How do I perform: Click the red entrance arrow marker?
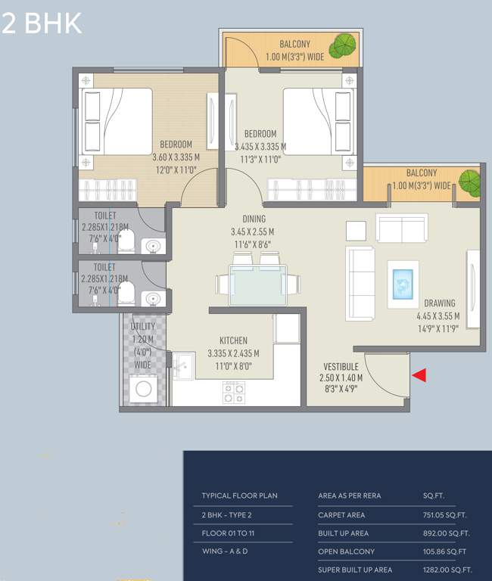[x=419, y=374]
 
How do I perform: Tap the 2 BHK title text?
[x=42, y=23]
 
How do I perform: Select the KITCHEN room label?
[x=233, y=340]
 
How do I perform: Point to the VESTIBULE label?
[x=341, y=366]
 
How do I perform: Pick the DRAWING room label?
[x=440, y=303]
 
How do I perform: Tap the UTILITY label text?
[x=144, y=326]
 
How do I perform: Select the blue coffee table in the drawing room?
[x=403, y=284]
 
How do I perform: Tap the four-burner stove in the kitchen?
[x=233, y=392]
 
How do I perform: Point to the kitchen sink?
[x=182, y=366]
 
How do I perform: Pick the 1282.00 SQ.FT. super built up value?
[x=447, y=570]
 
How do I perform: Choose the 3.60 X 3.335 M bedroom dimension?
[x=176, y=157]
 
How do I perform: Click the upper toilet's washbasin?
[x=154, y=246]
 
